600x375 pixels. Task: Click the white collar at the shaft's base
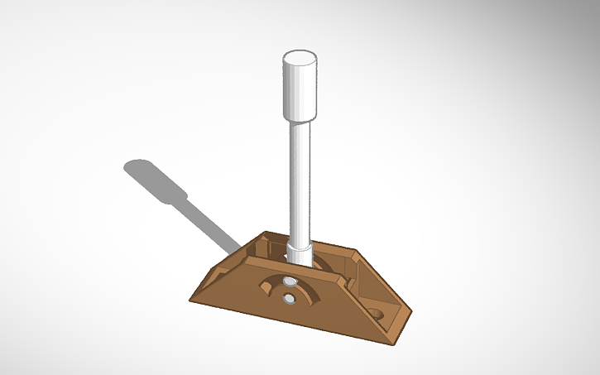300,250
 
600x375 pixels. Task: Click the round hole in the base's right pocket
377,315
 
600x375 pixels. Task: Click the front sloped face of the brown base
273,310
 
